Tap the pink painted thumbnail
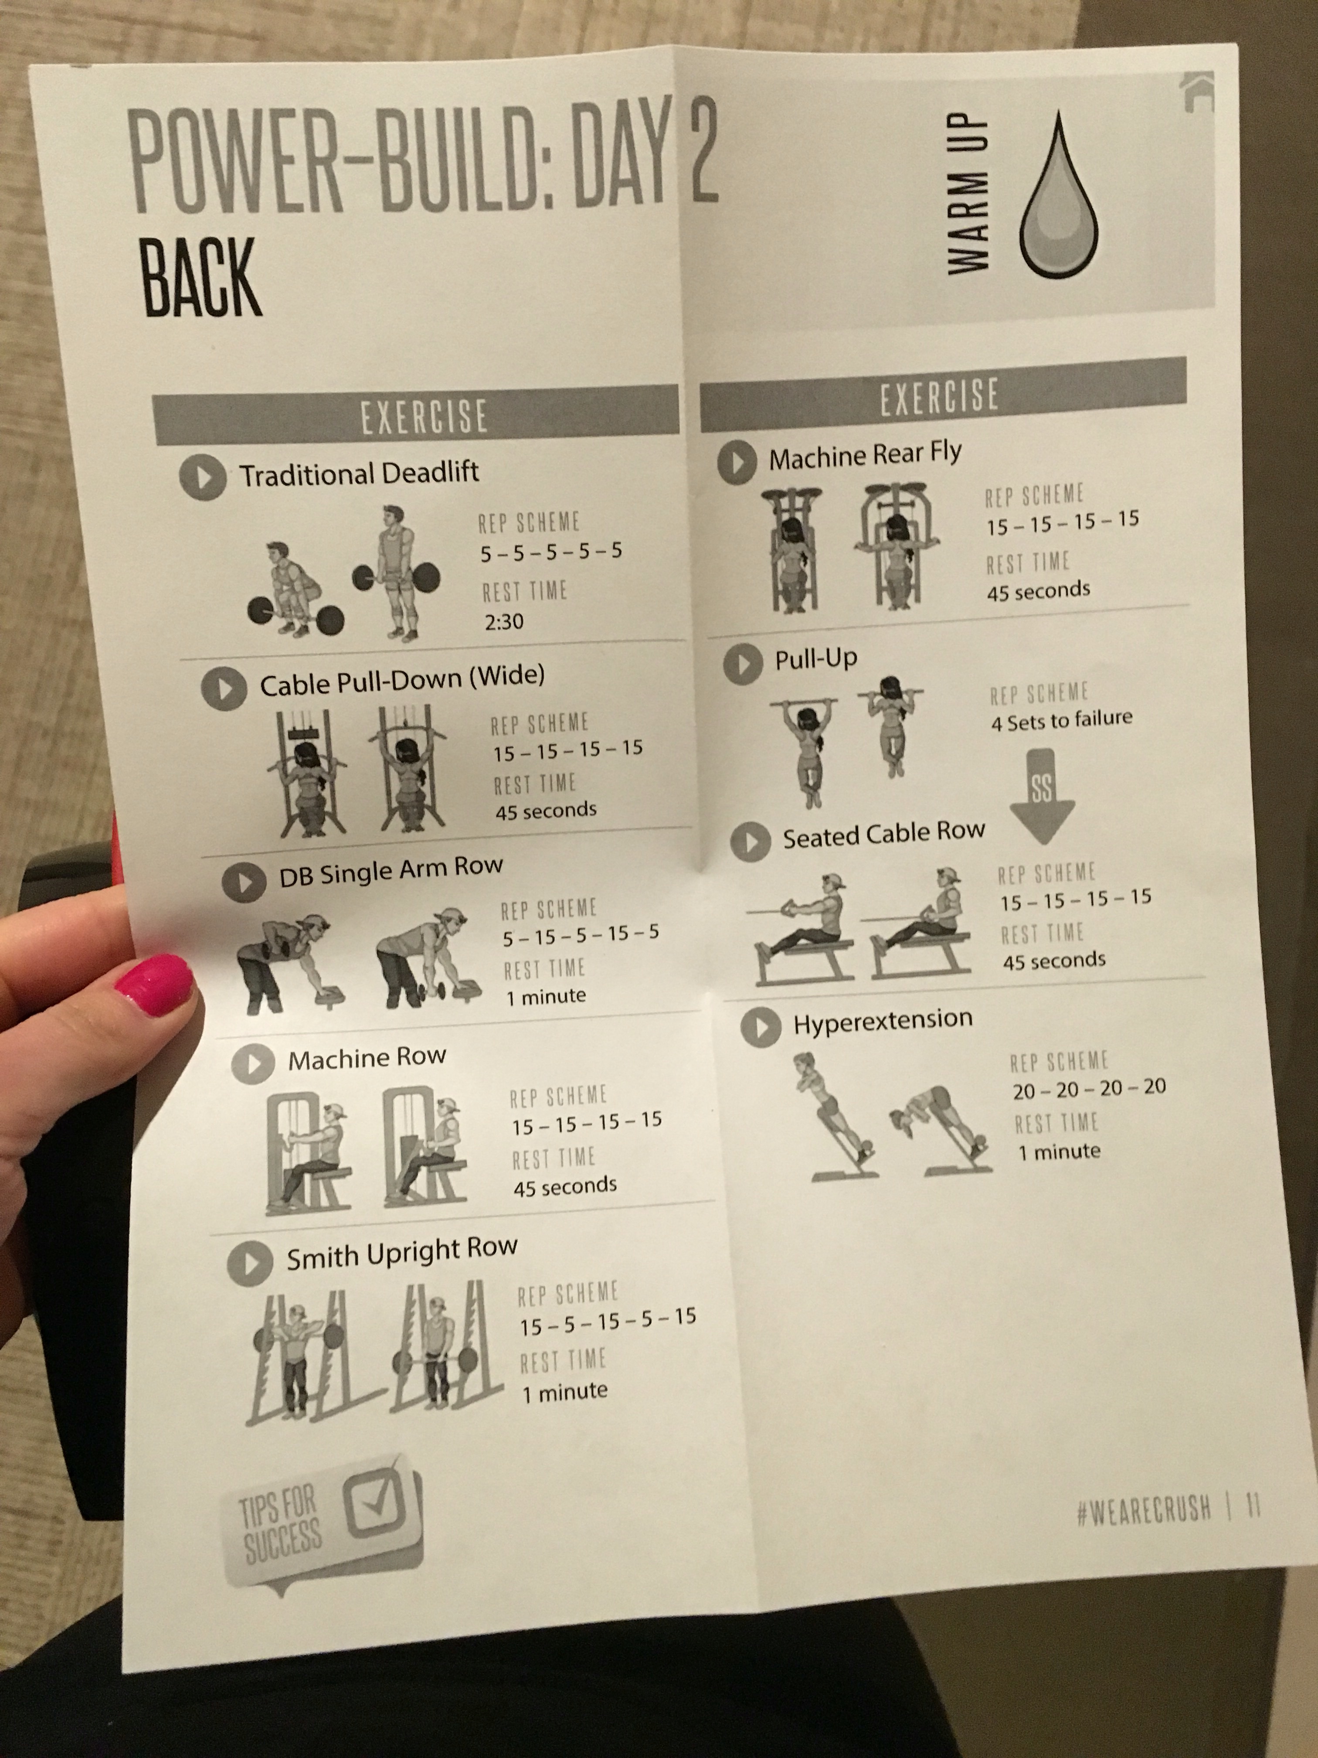(x=154, y=985)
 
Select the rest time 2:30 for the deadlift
(x=504, y=621)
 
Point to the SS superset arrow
(x=1042, y=796)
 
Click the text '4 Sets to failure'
(x=1061, y=720)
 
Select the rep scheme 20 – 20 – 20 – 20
(x=1089, y=1088)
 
